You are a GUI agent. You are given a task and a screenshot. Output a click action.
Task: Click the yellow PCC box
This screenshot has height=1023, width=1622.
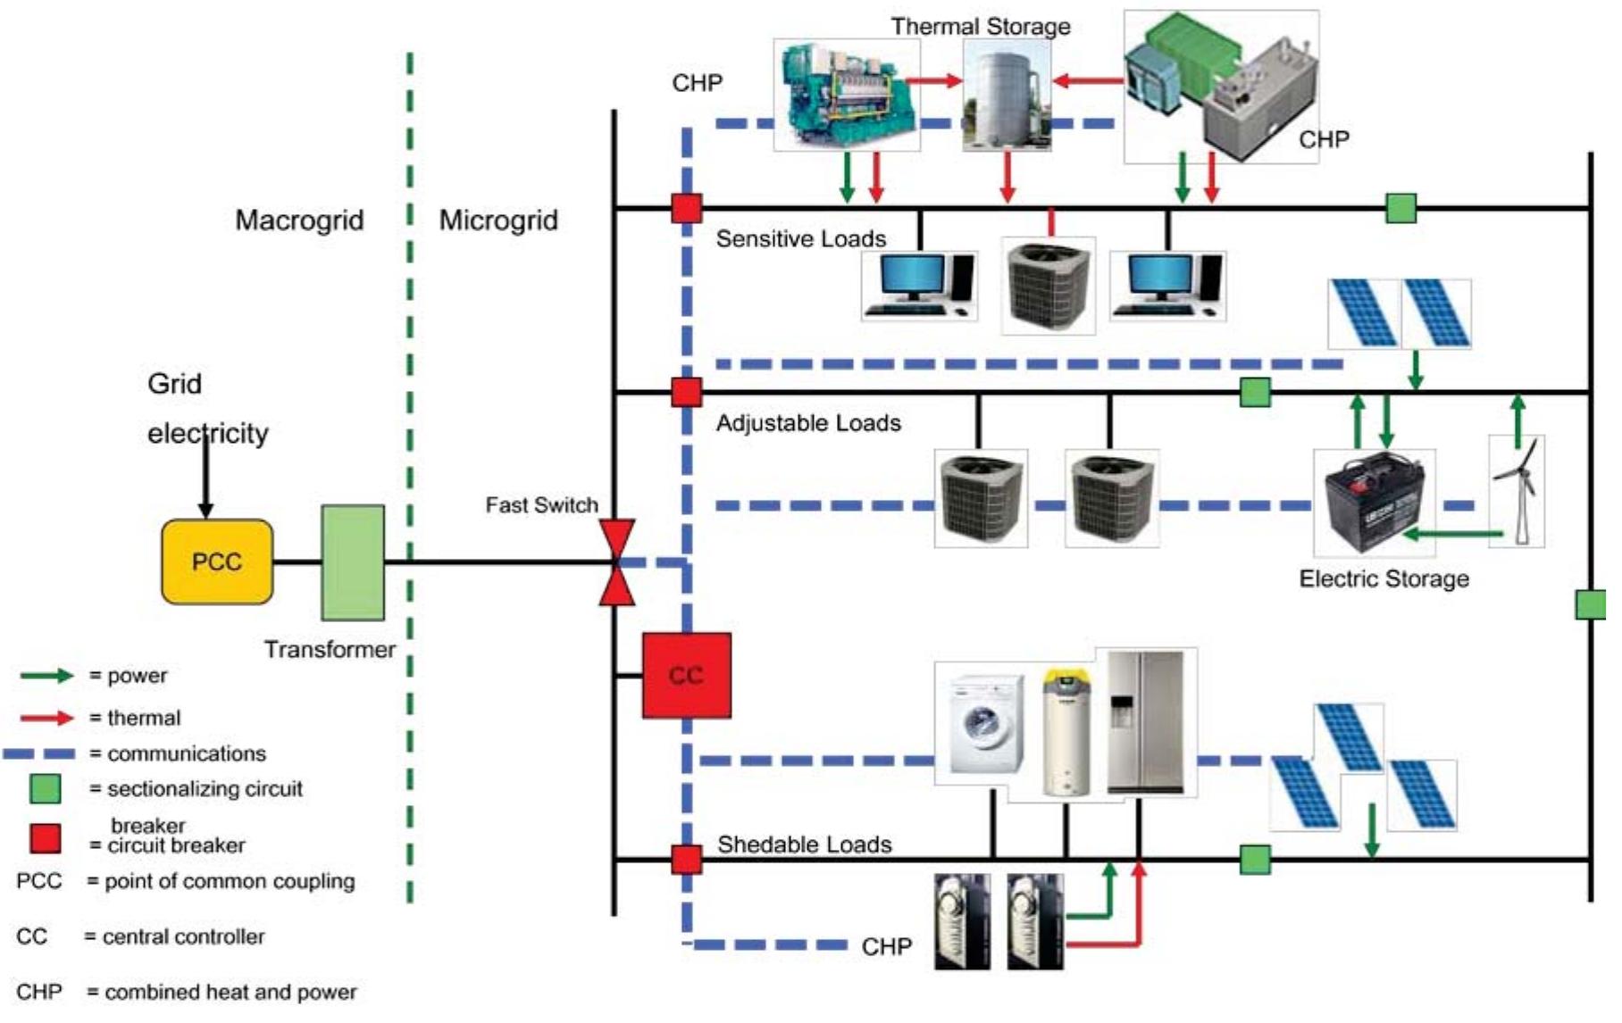coord(217,561)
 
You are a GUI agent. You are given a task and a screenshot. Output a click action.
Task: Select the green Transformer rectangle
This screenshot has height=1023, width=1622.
coord(353,562)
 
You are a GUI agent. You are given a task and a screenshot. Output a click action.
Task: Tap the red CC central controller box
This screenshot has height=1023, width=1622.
coord(686,676)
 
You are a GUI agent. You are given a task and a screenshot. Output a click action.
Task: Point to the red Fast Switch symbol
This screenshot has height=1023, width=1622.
coord(617,562)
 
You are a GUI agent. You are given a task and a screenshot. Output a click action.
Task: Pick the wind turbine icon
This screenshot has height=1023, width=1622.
coord(1517,491)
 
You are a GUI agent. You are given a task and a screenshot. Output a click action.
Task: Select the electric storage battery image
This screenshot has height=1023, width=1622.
coord(1375,504)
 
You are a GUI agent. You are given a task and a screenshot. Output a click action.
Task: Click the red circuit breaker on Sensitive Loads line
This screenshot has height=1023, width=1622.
coord(686,209)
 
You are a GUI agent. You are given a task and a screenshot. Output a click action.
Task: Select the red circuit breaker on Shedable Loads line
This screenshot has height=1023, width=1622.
coord(686,860)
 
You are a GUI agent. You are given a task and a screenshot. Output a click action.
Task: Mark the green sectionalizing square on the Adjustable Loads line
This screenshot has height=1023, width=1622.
coord(1255,392)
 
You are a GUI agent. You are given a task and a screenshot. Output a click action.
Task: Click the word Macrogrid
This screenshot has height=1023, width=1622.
coord(299,220)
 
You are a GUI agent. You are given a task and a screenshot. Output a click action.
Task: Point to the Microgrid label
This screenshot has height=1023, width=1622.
coord(498,220)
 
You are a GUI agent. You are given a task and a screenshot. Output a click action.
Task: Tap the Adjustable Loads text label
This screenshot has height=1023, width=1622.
coord(808,423)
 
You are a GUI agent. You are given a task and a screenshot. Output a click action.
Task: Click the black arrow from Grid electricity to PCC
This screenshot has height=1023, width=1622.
coord(205,473)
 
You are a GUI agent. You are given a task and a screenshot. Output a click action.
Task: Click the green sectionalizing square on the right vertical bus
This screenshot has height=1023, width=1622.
coord(1590,604)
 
